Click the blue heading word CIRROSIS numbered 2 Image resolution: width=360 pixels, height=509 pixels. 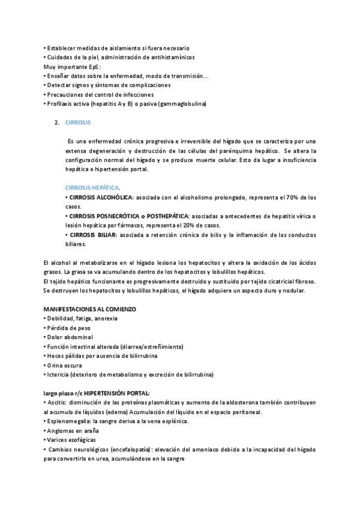click(x=78, y=122)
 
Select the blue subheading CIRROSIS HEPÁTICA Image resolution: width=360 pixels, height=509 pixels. click(x=92, y=187)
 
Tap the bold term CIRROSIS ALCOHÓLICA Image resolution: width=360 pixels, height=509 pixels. click(x=101, y=197)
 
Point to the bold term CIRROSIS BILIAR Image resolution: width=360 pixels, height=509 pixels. click(x=93, y=235)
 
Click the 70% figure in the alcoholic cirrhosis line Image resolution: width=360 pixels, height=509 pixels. click(x=295, y=197)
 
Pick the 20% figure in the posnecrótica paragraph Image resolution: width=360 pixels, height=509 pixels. click(x=182, y=225)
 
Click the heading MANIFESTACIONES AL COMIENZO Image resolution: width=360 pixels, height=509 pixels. click(x=90, y=309)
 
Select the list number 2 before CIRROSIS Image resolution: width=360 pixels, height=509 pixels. click(x=56, y=122)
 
